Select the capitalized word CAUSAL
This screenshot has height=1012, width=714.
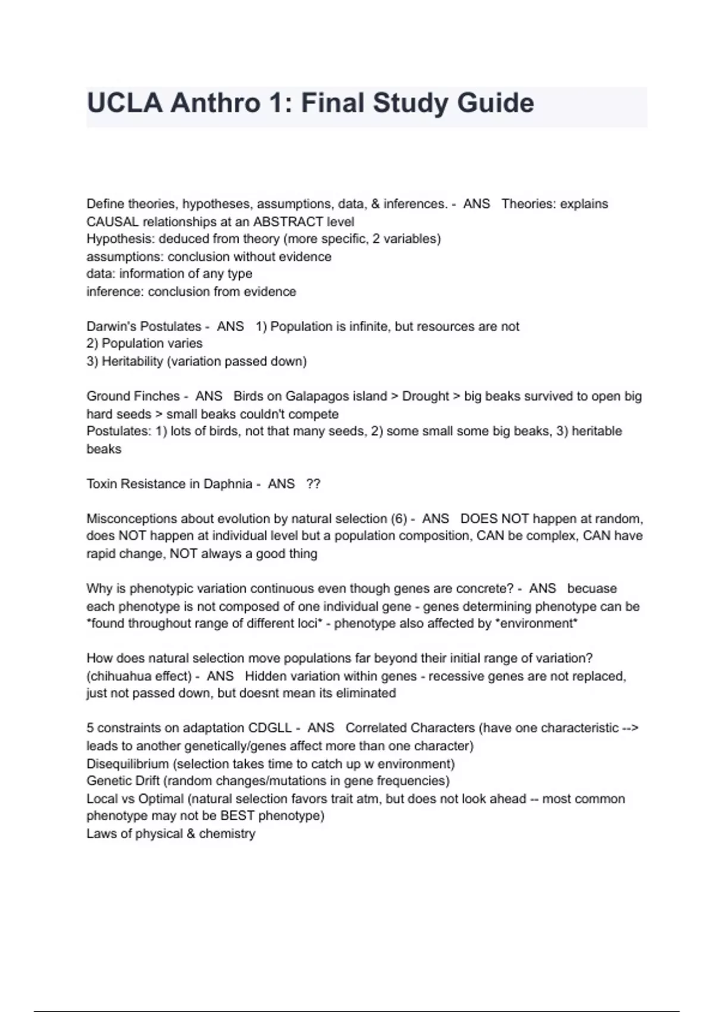coord(112,222)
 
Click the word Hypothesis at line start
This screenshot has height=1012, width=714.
coord(120,239)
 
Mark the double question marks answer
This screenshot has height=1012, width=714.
coord(313,484)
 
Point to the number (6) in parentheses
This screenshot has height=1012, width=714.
coord(398,519)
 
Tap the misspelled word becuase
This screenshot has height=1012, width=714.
coord(592,589)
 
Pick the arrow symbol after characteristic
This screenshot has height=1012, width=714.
coord(630,728)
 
